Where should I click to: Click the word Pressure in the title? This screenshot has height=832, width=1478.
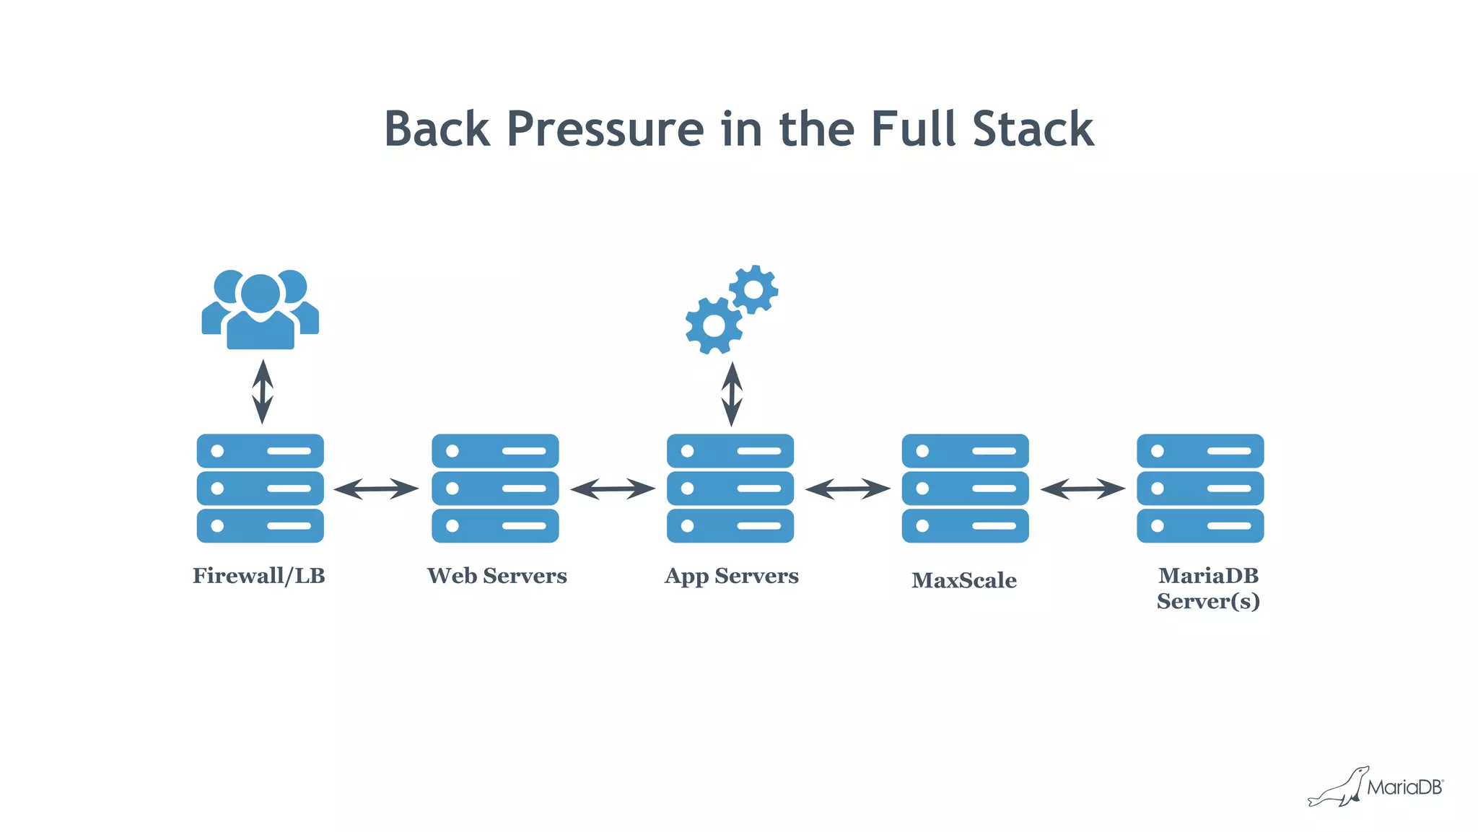point(605,129)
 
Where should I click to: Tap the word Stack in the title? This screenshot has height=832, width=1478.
point(1033,129)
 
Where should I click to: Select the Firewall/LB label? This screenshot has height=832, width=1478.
point(258,576)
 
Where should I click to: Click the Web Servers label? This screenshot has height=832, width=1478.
point(497,576)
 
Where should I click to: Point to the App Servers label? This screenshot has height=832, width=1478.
point(731,576)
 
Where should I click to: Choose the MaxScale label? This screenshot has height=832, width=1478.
point(963,580)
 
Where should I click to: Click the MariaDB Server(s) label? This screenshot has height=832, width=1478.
point(1207,588)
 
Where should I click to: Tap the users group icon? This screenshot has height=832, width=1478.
point(261,310)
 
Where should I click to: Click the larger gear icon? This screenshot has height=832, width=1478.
point(714,325)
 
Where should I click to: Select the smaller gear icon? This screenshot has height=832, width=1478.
point(753,289)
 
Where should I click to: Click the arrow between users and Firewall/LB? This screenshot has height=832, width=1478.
point(263,391)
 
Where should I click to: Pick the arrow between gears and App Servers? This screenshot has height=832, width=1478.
point(732,394)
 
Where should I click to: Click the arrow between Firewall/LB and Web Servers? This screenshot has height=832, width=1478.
point(376,489)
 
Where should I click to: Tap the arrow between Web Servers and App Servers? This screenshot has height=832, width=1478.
point(612,489)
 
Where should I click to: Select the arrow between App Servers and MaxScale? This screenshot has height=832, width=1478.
point(847,489)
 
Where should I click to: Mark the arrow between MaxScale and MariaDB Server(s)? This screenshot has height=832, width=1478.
point(1083,489)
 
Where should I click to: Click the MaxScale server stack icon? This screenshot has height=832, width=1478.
point(965,489)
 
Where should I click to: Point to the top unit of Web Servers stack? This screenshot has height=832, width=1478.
point(495,451)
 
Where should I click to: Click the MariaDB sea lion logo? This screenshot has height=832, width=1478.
point(1339,788)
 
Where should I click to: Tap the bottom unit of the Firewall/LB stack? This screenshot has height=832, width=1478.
point(260,526)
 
